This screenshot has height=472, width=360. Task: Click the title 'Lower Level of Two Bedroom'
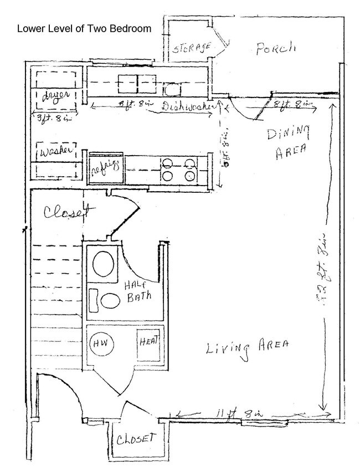coord(84,29)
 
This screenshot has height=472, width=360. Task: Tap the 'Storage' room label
coord(191,48)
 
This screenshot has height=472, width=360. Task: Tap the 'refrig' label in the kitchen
coord(105,165)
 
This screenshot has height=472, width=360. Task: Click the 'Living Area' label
coord(247,347)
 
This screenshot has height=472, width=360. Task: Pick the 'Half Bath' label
coord(138,290)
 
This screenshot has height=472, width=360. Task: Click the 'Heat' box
coord(148,341)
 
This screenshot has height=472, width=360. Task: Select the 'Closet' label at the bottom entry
coord(134,439)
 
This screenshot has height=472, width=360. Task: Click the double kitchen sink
coord(136,84)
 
